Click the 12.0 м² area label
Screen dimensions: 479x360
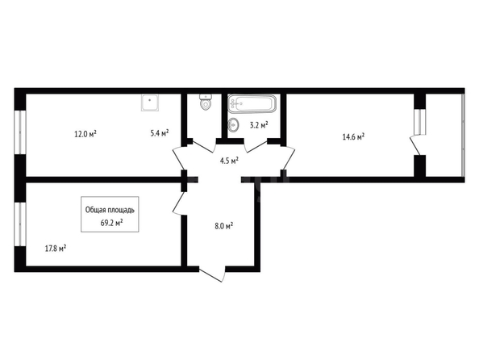[85, 134]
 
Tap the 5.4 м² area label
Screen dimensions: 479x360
[160, 132]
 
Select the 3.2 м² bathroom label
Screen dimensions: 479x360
[259, 125]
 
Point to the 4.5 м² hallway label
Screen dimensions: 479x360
[229, 161]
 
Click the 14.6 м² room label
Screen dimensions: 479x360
[353, 136]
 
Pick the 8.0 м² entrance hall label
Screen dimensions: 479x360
[224, 226]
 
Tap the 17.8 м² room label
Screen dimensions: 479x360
[56, 249]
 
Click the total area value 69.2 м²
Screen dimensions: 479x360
[111, 222]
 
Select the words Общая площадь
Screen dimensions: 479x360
[110, 210]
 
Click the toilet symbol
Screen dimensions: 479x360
[206, 102]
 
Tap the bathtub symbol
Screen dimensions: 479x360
[252, 104]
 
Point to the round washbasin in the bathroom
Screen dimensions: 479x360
[234, 125]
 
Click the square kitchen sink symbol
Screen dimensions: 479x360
[150, 103]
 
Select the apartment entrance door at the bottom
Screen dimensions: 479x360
[212, 274]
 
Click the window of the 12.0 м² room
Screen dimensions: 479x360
[20, 132]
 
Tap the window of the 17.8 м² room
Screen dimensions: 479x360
[20, 224]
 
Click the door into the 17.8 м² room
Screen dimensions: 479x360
[179, 203]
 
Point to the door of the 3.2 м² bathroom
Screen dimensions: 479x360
[256, 146]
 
